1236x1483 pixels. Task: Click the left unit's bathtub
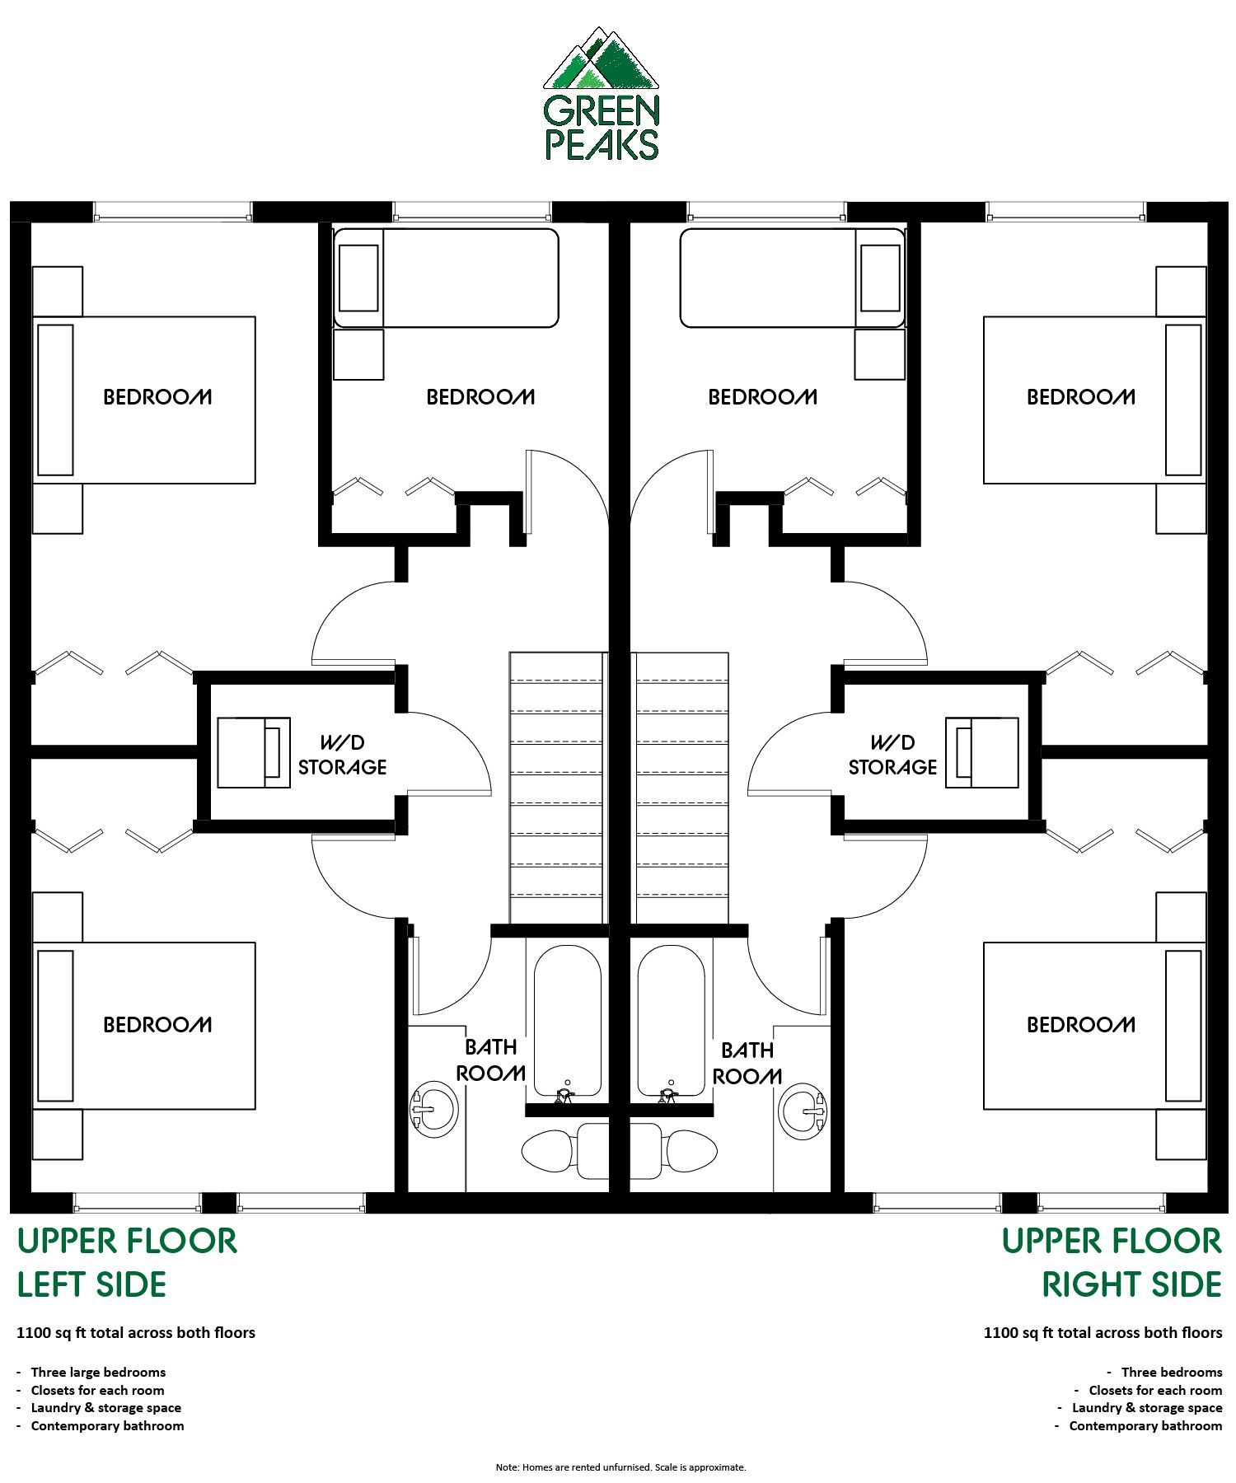point(567,1021)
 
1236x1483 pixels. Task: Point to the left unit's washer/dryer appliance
point(254,752)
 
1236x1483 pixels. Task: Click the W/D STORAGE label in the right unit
point(892,755)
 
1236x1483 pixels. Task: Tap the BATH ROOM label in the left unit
point(491,1060)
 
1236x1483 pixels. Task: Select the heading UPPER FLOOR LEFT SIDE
point(127,1262)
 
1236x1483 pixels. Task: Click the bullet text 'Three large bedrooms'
point(98,1372)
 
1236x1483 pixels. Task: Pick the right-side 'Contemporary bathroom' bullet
point(1145,1425)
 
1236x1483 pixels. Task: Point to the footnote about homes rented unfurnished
point(620,1467)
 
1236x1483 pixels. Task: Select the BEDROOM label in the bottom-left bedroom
point(157,1024)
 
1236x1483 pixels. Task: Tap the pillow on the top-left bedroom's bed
point(55,400)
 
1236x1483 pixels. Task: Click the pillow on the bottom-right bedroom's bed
point(1183,1026)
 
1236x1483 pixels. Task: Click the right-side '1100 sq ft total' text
point(1103,1332)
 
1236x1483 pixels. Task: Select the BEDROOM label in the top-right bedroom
point(1081,397)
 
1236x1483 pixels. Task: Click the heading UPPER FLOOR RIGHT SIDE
point(1112,1262)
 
